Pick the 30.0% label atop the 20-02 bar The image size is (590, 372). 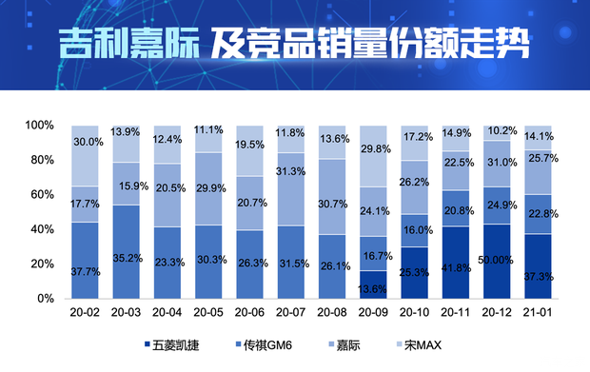(86, 143)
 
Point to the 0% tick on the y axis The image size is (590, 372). (46, 299)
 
